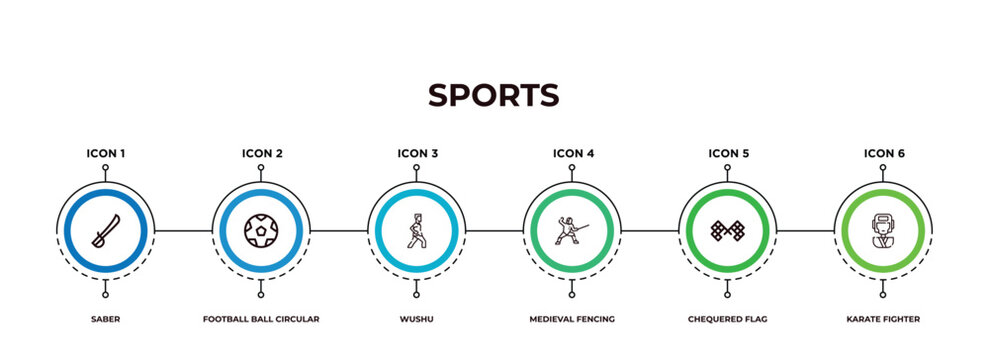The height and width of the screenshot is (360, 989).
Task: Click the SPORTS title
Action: (x=494, y=95)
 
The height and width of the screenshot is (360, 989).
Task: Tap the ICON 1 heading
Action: (x=105, y=153)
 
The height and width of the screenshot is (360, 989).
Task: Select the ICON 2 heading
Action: (x=261, y=153)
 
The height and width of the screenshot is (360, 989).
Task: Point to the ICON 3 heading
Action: (x=417, y=153)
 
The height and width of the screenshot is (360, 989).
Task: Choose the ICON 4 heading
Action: (x=573, y=153)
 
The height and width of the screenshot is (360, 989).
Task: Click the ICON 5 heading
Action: (x=728, y=153)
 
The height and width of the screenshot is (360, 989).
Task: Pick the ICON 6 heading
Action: (x=883, y=153)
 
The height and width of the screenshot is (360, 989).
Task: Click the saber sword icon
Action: (x=105, y=230)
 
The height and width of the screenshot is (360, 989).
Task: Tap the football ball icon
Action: (x=261, y=231)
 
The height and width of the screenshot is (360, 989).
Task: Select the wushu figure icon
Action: (x=416, y=230)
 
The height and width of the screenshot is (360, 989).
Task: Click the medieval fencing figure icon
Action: (x=570, y=230)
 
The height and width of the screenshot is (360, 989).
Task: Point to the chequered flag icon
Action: (x=727, y=231)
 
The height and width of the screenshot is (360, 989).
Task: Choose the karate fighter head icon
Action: (x=882, y=230)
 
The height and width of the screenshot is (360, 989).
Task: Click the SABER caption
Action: (x=105, y=319)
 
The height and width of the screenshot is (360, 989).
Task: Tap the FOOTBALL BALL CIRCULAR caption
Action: (x=261, y=319)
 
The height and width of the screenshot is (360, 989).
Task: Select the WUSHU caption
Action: (x=417, y=319)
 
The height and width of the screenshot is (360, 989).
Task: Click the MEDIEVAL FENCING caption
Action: (x=572, y=319)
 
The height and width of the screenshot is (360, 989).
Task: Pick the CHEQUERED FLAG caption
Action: (x=727, y=319)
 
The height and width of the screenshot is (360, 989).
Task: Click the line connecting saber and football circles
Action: (x=183, y=231)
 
